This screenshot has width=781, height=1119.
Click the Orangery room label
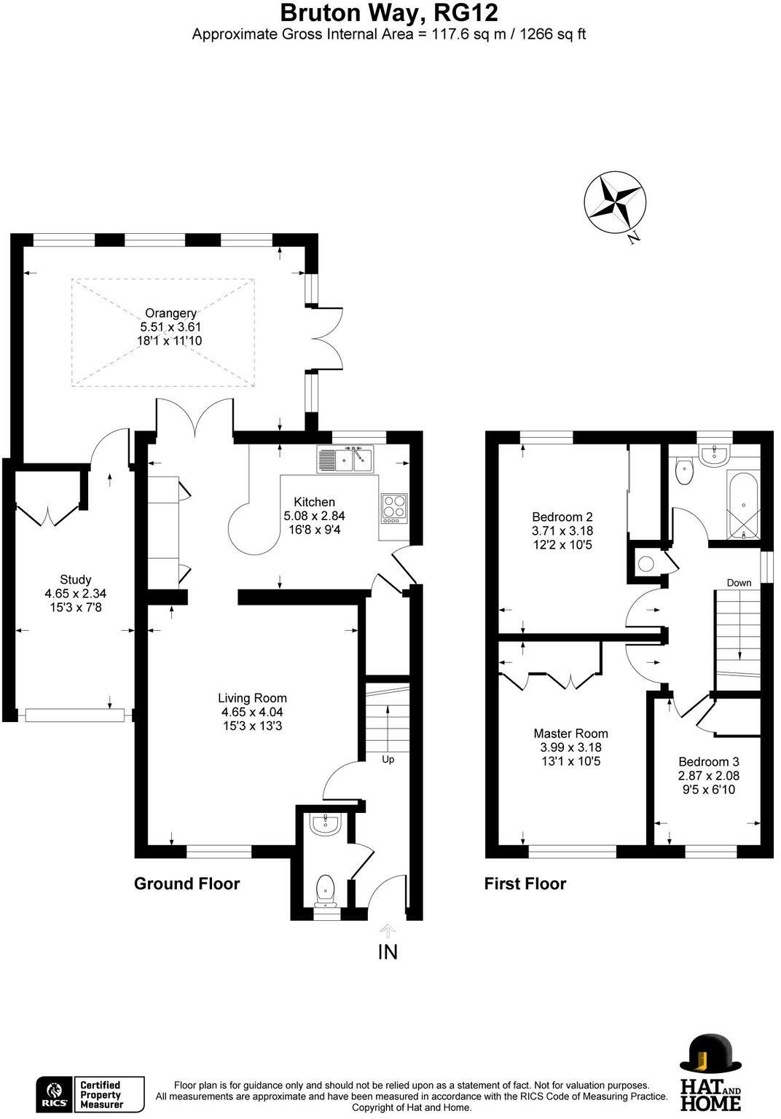[x=170, y=313]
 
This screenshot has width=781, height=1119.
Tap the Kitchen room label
[x=314, y=501]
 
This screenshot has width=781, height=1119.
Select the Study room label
[x=76, y=579]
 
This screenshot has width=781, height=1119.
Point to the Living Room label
[x=252, y=698]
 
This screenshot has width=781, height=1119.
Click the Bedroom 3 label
[x=709, y=762]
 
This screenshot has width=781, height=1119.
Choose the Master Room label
[x=570, y=734]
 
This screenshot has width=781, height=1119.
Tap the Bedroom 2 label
[x=562, y=517]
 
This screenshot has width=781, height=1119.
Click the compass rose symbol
[x=615, y=203]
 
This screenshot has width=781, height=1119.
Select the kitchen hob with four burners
[x=394, y=509]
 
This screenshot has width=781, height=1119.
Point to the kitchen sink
[x=345, y=458]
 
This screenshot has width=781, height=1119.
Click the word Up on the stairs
[x=388, y=759]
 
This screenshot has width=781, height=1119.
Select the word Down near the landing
[x=739, y=583]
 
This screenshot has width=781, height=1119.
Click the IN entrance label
[x=388, y=952]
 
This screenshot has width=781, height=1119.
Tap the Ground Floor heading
[x=187, y=883]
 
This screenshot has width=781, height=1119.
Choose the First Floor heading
[x=525, y=883]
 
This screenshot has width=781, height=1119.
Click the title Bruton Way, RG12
[x=389, y=13]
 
